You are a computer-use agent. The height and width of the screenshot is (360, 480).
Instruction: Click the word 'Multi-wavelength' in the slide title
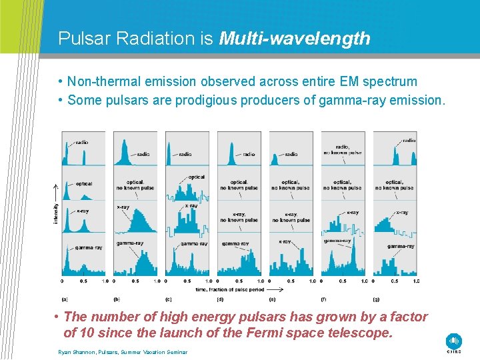[x=294, y=39]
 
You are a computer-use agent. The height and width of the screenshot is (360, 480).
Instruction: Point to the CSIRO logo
[x=454, y=341]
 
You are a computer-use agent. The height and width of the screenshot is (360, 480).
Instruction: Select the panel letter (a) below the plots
[x=65, y=299]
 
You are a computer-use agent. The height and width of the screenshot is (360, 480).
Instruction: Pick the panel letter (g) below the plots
[x=377, y=299]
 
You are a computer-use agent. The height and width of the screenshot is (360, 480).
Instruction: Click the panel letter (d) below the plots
[x=220, y=299]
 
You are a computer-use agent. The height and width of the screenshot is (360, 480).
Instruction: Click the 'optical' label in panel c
[x=197, y=177]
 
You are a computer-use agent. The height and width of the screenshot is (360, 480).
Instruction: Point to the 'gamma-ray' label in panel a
[x=88, y=247]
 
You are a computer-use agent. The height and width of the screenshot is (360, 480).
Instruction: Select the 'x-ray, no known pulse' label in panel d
[x=239, y=217]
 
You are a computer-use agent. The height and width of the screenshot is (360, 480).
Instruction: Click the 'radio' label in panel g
[x=409, y=141]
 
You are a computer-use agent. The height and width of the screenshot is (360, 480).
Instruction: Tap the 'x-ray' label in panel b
[x=123, y=207]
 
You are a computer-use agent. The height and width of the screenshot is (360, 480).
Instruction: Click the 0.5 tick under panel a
[x=83, y=281]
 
